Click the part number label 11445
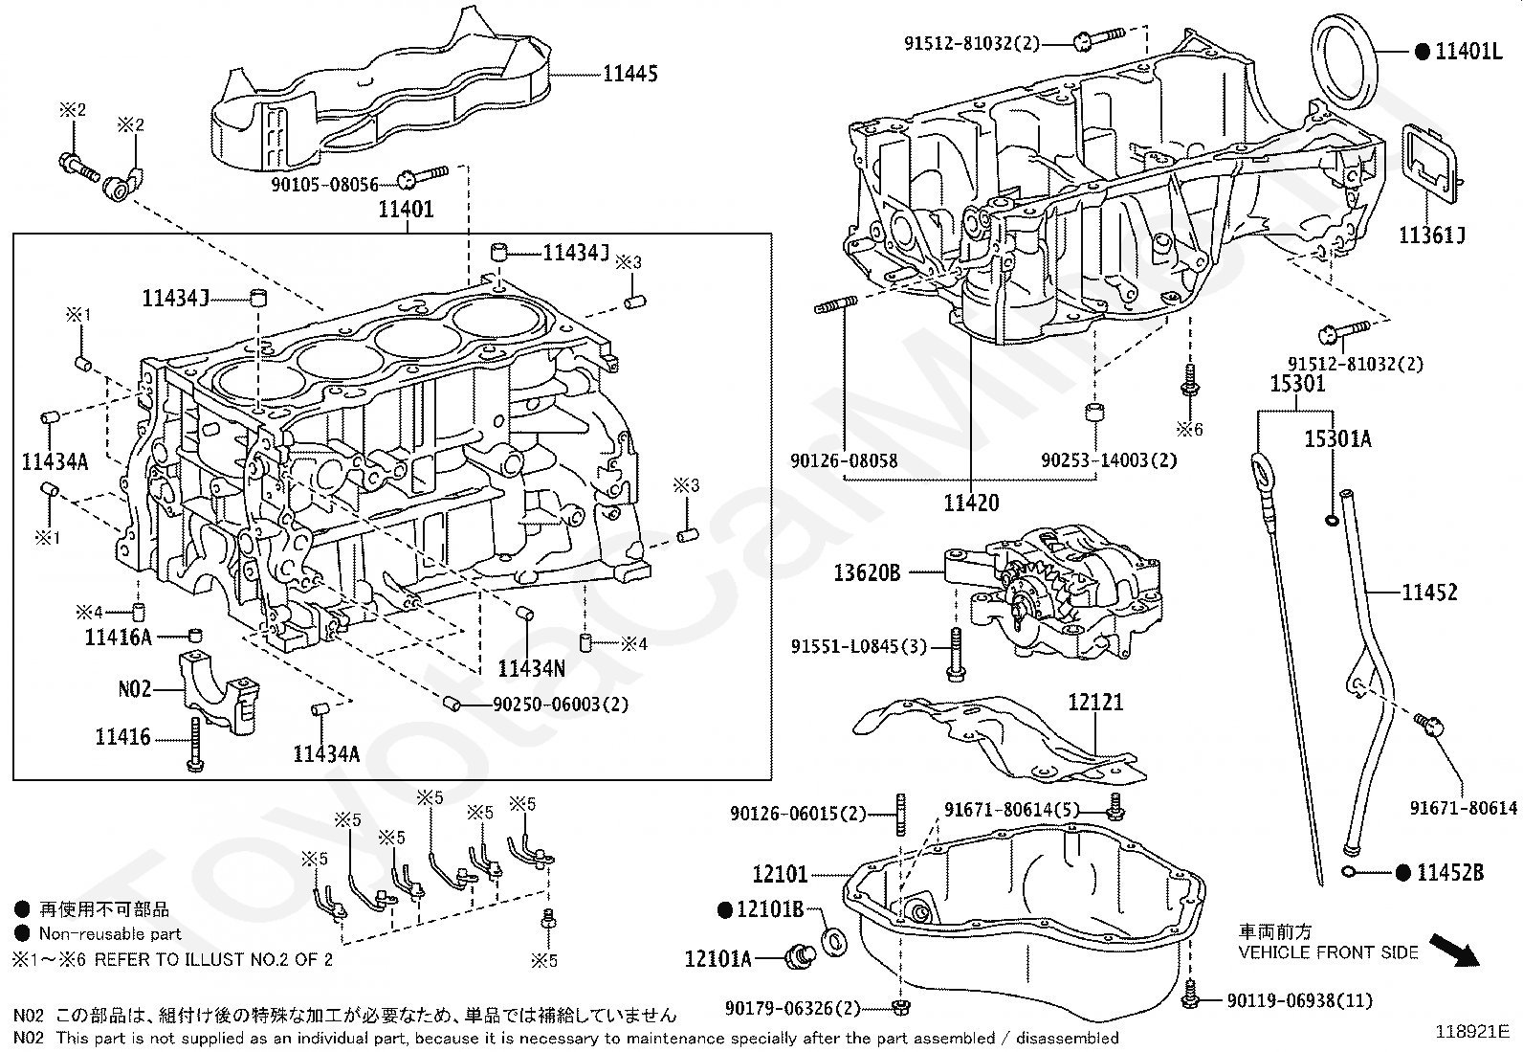[630, 74]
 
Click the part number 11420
[971, 503]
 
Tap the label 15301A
[1337, 439]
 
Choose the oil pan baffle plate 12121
[1000, 739]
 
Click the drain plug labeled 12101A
[801, 956]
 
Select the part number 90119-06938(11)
[1299, 1000]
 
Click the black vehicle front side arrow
[1454, 951]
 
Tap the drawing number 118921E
[1472, 1032]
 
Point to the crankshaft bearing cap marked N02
[219, 692]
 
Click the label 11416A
[118, 637]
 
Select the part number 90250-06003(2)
[561, 705]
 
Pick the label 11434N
[531, 668]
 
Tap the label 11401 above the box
[406, 209]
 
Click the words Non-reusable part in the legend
[110, 933]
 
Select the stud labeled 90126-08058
[835, 304]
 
